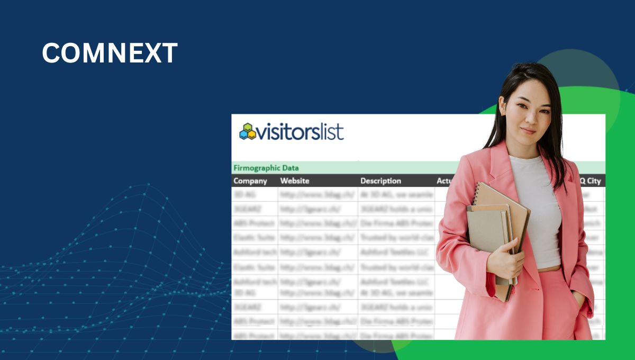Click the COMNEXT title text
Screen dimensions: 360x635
[110, 53]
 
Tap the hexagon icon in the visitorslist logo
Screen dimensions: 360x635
[247, 131]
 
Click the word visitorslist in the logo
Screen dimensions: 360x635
[300, 131]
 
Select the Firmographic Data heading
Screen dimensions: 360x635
[266, 168]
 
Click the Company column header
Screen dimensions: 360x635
[250, 181]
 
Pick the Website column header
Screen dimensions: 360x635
[295, 181]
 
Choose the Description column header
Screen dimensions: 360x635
[381, 181]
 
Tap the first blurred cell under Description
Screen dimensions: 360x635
[396, 194]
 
